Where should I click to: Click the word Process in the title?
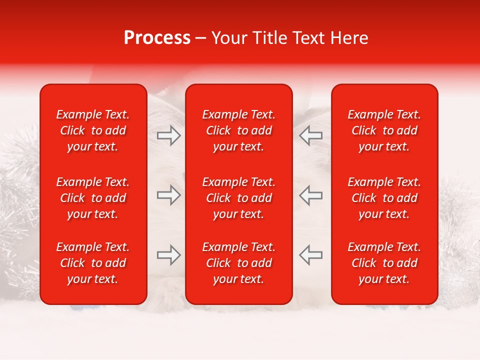(x=157, y=38)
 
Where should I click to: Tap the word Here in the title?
(x=348, y=38)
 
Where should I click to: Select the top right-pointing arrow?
(x=168, y=135)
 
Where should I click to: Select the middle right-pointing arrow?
(x=168, y=195)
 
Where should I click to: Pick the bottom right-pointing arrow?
(x=168, y=255)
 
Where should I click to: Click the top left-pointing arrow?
(x=310, y=135)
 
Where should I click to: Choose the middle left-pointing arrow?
(x=310, y=195)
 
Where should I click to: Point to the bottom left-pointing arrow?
(x=310, y=255)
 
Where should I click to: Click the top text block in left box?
(x=93, y=130)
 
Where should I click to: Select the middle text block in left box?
(x=93, y=198)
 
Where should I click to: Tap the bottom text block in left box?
(x=93, y=263)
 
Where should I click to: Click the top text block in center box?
(x=239, y=130)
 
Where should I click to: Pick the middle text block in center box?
(x=239, y=198)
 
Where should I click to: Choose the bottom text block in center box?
(x=239, y=263)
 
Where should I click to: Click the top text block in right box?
(x=384, y=130)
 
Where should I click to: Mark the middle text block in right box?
(x=384, y=198)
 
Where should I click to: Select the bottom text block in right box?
(x=384, y=263)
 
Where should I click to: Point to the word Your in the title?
(x=228, y=38)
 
